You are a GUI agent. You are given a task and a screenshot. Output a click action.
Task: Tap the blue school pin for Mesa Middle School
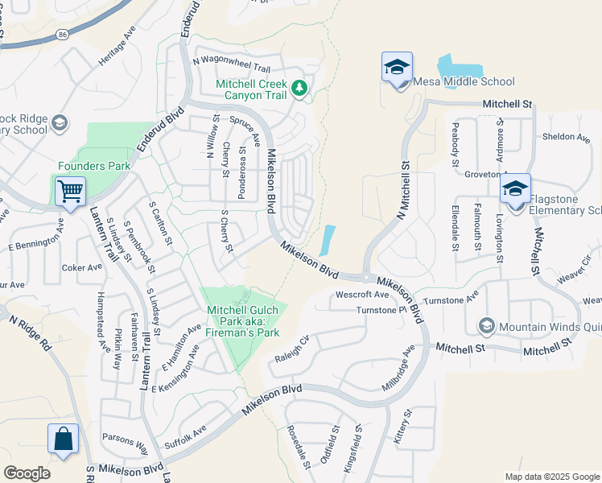point(398,69)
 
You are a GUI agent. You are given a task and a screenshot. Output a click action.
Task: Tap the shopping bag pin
point(63,440)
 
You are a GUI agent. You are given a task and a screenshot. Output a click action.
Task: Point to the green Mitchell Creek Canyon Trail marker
point(299,87)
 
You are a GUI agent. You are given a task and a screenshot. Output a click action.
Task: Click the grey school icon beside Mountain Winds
point(486,326)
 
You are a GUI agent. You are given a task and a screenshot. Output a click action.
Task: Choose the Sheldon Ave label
point(567,137)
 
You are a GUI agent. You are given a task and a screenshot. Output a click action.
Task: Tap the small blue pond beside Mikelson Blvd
point(327,240)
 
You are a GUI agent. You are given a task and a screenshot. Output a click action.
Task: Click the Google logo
point(27,473)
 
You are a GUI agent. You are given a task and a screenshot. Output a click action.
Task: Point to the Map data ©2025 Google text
point(552,477)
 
